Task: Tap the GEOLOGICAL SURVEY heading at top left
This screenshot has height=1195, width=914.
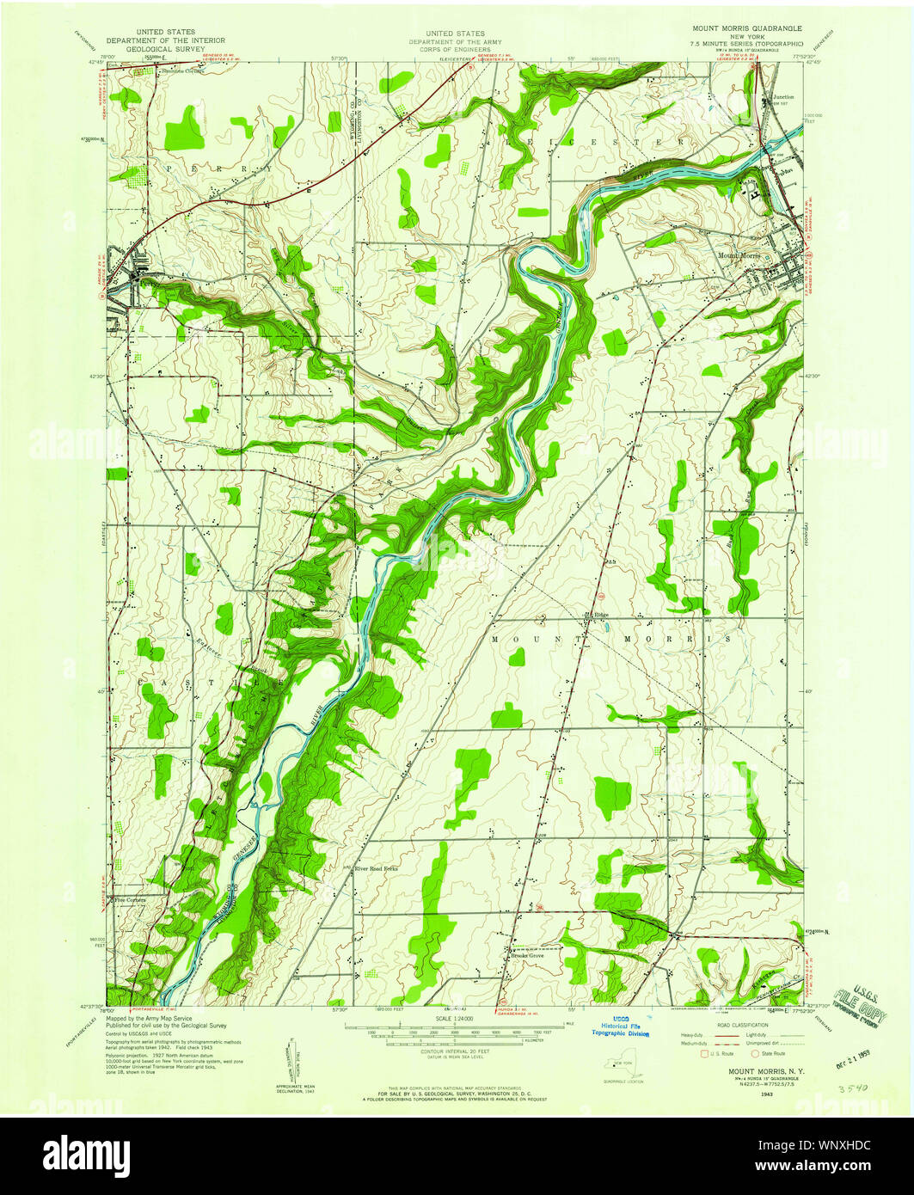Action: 166,49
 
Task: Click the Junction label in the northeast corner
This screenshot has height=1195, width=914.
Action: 783,97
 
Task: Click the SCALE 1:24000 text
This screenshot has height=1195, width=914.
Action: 455,1019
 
